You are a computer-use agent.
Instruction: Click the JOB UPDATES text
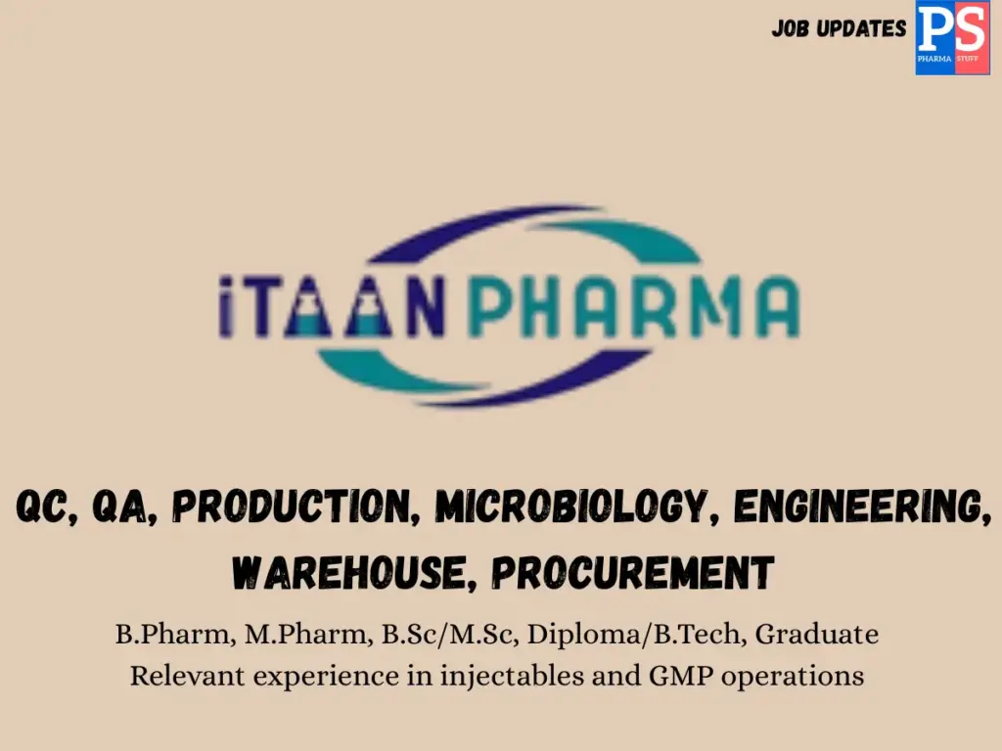click(x=839, y=28)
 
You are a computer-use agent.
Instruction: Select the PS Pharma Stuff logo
click(x=952, y=38)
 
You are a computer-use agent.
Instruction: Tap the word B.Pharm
click(x=171, y=635)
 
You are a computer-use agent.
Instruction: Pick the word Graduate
click(x=817, y=635)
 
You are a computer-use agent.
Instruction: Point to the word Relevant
click(x=185, y=676)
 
